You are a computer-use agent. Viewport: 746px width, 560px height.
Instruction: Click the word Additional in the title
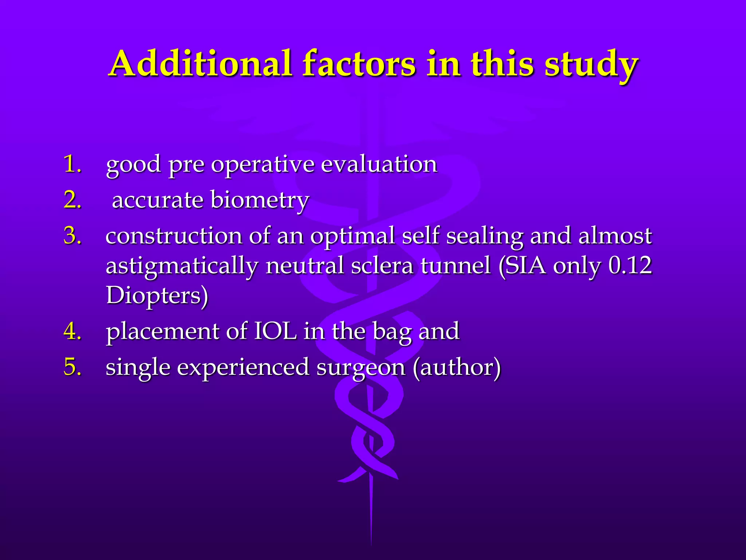tap(200, 64)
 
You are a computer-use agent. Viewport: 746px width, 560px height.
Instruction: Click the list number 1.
tap(72, 164)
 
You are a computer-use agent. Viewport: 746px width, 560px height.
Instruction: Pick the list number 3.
tap(72, 236)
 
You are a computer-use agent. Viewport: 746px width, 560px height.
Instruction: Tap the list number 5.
tap(72, 367)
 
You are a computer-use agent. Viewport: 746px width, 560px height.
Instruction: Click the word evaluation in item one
tap(379, 164)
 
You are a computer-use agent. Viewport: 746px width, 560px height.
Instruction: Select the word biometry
tap(259, 201)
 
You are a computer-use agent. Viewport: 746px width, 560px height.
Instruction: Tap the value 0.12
tap(630, 265)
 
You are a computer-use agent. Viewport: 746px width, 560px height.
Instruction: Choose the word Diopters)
tap(157, 295)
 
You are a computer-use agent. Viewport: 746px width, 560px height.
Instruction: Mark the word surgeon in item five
tap(361, 367)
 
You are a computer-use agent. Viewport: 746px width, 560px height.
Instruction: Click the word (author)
tap(457, 367)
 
